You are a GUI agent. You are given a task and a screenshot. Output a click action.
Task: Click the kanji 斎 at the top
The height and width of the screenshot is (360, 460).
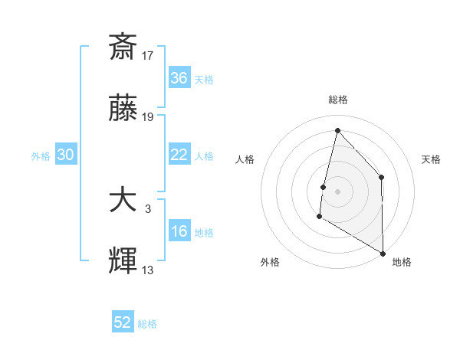tap(123, 47)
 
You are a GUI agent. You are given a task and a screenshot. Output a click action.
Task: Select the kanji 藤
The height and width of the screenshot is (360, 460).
tap(123, 110)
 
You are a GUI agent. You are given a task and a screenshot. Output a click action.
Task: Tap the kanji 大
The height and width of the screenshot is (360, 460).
tap(123, 201)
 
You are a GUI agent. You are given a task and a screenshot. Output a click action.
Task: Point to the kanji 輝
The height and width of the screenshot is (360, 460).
tap(123, 263)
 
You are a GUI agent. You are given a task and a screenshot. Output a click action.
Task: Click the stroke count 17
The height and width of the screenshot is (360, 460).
tap(149, 55)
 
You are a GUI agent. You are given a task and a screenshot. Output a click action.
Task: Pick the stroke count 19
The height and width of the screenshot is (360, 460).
tap(149, 117)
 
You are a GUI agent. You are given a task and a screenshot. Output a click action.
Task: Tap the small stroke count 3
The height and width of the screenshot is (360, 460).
tap(149, 208)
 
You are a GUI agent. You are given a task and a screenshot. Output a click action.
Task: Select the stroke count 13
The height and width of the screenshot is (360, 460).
tap(149, 270)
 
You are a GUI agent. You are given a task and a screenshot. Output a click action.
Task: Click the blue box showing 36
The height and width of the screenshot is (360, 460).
tap(179, 78)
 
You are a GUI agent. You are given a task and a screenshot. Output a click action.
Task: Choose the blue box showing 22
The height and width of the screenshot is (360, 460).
tap(179, 155)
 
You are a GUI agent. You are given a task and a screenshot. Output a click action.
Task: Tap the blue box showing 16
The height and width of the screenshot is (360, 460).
tap(179, 231)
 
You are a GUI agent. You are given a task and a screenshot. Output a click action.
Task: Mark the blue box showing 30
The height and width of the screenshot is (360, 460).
tap(66, 155)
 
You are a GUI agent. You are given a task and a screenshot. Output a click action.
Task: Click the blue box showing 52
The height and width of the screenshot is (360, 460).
tap(123, 323)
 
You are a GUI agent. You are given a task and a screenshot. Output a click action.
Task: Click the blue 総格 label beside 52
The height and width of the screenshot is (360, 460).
tap(148, 324)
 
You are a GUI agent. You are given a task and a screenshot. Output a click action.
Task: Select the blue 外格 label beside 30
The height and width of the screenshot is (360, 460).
tap(41, 155)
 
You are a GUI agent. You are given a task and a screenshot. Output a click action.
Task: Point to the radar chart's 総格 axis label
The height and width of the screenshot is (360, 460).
tap(337, 100)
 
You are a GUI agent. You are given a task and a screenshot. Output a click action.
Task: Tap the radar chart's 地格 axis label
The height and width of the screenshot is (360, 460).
tap(402, 262)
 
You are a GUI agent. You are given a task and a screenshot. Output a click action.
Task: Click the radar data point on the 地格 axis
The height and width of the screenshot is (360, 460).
tap(382, 253)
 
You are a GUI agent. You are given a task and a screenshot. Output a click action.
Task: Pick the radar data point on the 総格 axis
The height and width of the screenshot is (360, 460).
tap(337, 129)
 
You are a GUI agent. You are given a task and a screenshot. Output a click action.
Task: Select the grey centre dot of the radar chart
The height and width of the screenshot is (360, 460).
tap(337, 191)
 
